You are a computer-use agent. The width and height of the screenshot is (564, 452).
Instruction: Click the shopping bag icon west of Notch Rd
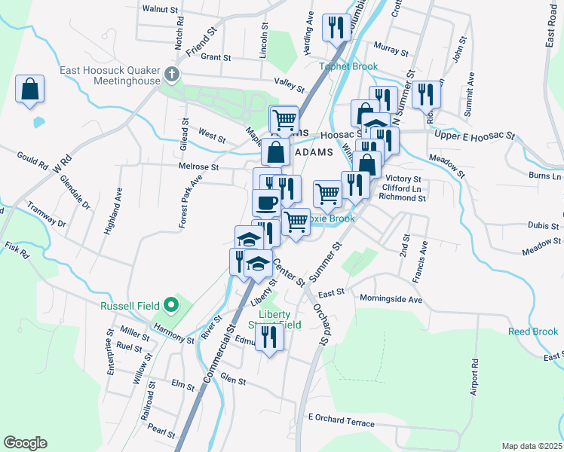[29, 89]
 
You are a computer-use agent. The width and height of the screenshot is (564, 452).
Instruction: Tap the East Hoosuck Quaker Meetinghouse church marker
[173, 75]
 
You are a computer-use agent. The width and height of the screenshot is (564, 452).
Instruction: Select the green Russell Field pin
[171, 306]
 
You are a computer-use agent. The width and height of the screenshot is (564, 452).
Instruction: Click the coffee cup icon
[266, 202]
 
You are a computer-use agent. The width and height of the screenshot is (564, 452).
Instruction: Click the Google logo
[25, 443]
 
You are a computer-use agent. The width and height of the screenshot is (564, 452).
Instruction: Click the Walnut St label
[160, 10]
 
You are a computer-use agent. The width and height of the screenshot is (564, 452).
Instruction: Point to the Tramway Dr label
[47, 215]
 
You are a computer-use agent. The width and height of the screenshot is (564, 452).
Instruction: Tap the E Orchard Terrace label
[341, 423]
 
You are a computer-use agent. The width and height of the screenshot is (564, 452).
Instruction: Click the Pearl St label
[162, 432]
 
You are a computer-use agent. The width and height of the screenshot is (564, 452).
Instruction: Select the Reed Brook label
[535, 331]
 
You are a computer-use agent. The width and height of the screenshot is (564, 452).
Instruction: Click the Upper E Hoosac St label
[474, 136]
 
